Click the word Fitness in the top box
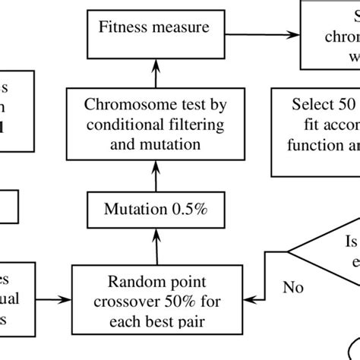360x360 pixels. (121, 29)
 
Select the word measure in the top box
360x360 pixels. (175, 29)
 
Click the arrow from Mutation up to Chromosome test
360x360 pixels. (155, 176)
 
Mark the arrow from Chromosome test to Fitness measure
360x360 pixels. (155, 69)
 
